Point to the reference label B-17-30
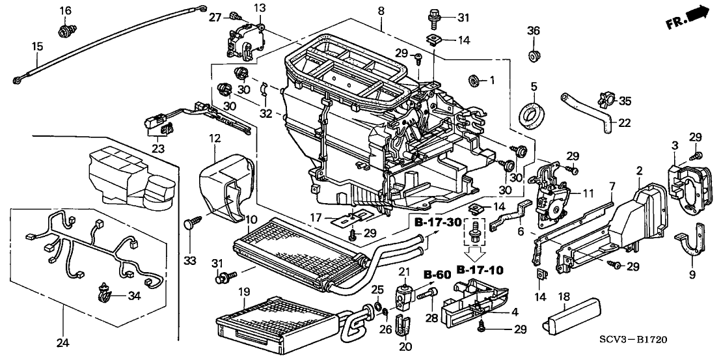[437, 223]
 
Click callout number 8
[381, 10]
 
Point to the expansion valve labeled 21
[404, 294]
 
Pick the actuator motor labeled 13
[243, 39]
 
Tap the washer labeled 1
[474, 81]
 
